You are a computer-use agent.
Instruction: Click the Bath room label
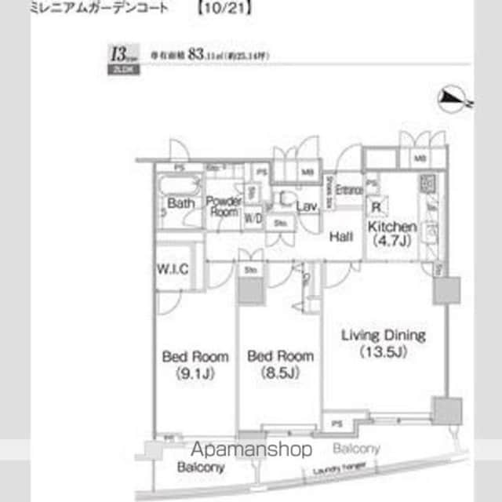[x=181, y=204]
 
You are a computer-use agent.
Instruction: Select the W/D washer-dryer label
[x=253, y=217]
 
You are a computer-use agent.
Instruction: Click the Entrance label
[x=347, y=191]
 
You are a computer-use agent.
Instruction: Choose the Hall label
[x=340, y=236]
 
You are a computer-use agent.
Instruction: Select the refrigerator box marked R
[x=376, y=207]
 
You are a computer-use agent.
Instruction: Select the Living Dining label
[x=383, y=336]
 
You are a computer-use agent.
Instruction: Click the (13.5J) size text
[x=383, y=352]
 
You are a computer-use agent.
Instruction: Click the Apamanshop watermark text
[x=253, y=449]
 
